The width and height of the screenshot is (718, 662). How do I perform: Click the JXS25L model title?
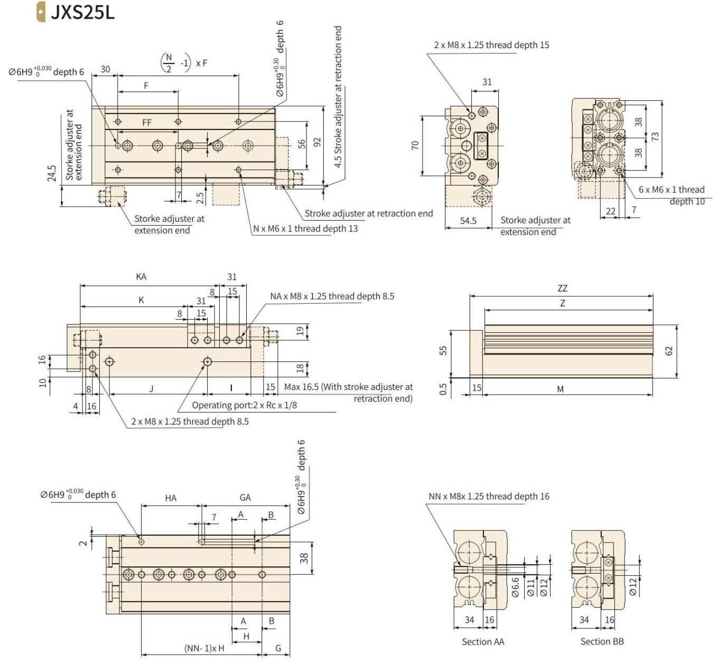82,13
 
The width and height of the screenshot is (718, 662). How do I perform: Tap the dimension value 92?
316,142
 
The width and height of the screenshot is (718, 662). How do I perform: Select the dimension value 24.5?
52,173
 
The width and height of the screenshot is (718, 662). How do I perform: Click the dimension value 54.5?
468,220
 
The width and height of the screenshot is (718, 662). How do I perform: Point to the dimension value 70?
415,145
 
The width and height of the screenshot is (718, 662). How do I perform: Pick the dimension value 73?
655,136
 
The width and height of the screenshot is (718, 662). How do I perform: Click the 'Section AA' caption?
483,641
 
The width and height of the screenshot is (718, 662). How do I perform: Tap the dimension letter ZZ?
563,288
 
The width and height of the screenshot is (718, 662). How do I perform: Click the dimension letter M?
561,389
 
